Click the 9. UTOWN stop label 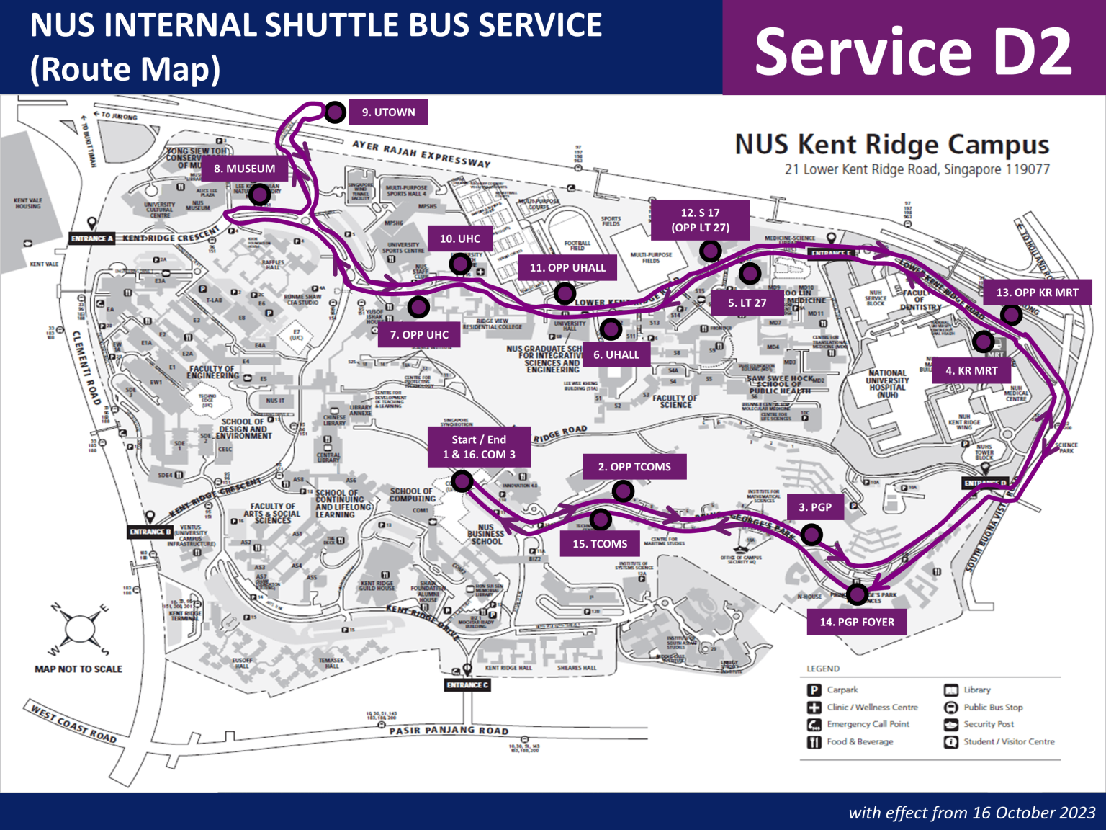click(x=388, y=112)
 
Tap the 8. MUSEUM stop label click(x=245, y=169)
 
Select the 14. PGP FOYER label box click(x=857, y=622)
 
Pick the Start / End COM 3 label click(x=480, y=447)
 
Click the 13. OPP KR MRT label click(x=1037, y=293)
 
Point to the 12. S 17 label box click(x=700, y=220)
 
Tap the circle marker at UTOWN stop click(x=335, y=112)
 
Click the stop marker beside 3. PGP click(x=811, y=534)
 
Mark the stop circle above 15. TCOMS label click(x=601, y=519)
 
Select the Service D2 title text click(x=913, y=51)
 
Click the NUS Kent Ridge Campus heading click(x=891, y=144)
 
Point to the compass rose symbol click(x=78, y=629)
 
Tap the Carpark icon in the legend click(x=814, y=690)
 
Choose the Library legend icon click(x=951, y=690)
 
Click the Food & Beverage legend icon click(x=814, y=742)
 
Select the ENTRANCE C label click(x=467, y=685)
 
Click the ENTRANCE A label click(x=92, y=238)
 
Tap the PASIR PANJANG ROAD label click(x=449, y=731)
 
